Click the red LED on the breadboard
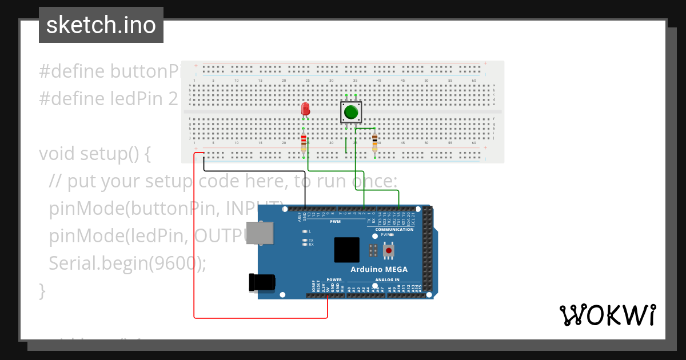[305, 109]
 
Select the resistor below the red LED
[304, 142]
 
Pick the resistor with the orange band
[374, 142]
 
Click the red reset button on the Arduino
[389, 250]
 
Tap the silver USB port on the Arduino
[259, 233]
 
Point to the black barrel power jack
[262, 282]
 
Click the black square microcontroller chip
[346, 250]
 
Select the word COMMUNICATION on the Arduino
[394, 230]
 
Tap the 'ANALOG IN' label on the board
[387, 280]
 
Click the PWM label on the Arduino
[335, 221]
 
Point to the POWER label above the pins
[334, 280]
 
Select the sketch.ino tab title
[101, 25]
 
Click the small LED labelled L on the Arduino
[305, 231]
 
